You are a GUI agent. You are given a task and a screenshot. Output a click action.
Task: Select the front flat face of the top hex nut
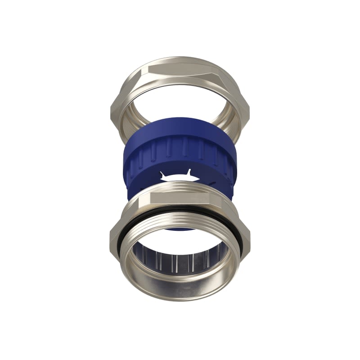tap(180, 68)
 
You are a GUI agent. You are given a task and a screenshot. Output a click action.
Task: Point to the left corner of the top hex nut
tap(113, 108)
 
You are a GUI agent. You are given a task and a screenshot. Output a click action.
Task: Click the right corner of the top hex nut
tap(247, 108)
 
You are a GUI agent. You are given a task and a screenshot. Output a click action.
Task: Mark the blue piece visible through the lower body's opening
tap(180, 227)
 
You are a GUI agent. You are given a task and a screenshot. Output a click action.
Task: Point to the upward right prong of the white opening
tap(189, 172)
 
